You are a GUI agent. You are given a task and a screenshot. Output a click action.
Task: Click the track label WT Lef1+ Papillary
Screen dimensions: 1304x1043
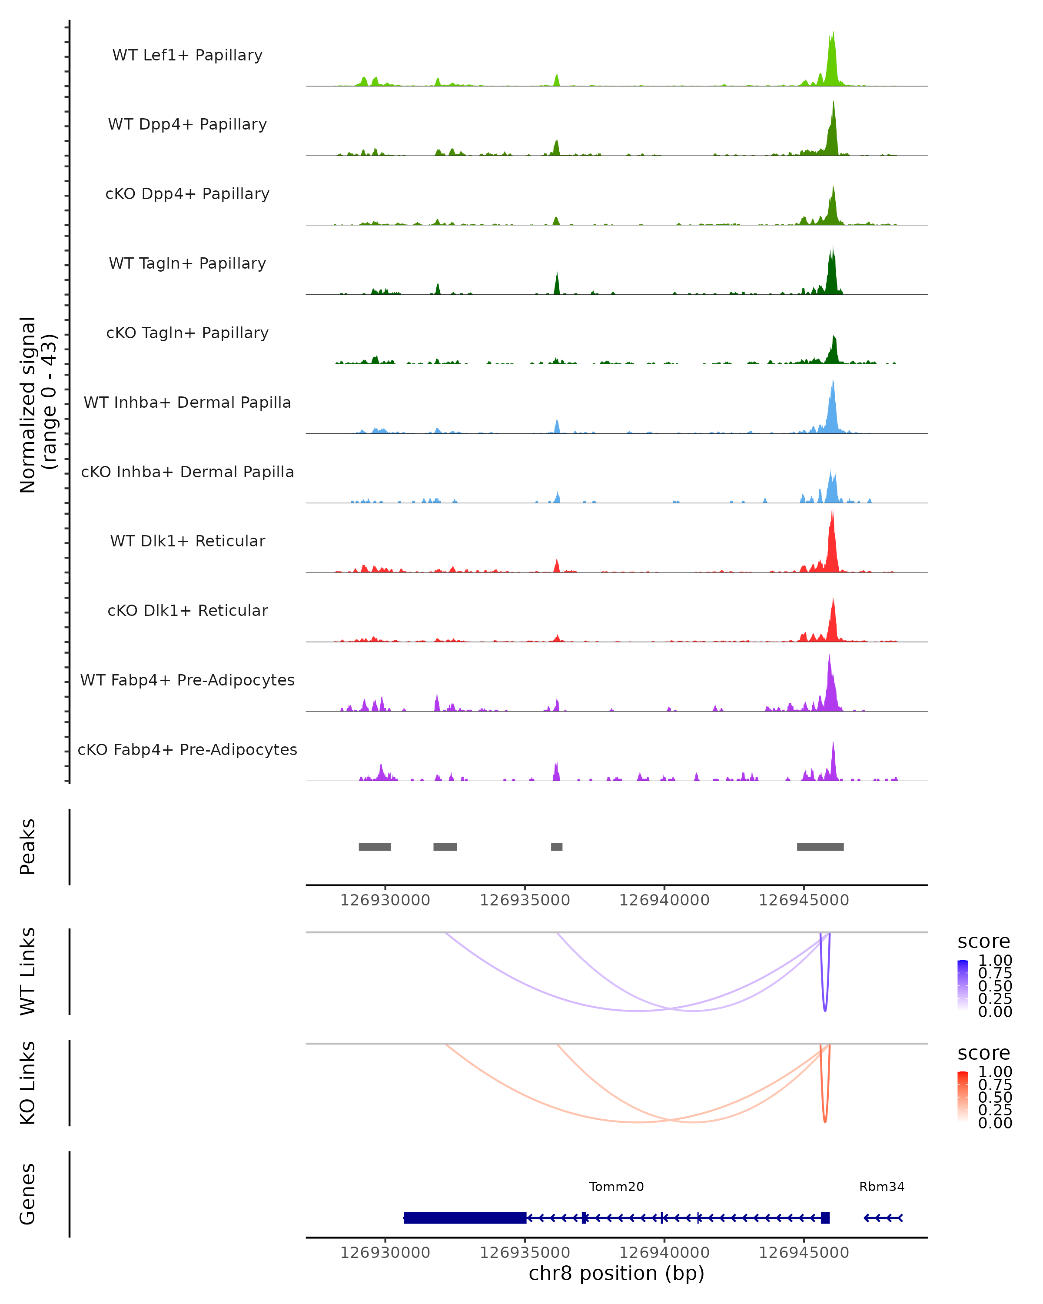click(x=187, y=55)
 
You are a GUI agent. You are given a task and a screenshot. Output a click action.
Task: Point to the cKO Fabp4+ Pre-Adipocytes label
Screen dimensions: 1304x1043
click(x=187, y=749)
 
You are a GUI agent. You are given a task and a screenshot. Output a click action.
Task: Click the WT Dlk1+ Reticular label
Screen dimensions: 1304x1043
click(x=187, y=541)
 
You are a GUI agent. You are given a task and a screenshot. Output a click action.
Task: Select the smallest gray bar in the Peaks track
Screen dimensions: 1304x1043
click(x=556, y=847)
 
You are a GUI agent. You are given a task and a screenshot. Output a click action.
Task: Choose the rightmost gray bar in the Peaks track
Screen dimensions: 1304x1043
click(x=820, y=847)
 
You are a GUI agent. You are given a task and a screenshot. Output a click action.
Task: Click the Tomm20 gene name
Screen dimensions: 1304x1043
click(x=616, y=1187)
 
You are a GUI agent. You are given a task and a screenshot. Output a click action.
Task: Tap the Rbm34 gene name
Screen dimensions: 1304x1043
click(x=882, y=1187)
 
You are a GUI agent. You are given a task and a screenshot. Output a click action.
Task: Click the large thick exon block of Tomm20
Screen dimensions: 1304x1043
click(x=465, y=1218)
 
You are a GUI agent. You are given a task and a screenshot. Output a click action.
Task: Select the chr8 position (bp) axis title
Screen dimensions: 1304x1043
click(x=616, y=1273)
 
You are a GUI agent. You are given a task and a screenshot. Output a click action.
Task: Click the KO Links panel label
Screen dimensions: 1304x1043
click(x=28, y=1083)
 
